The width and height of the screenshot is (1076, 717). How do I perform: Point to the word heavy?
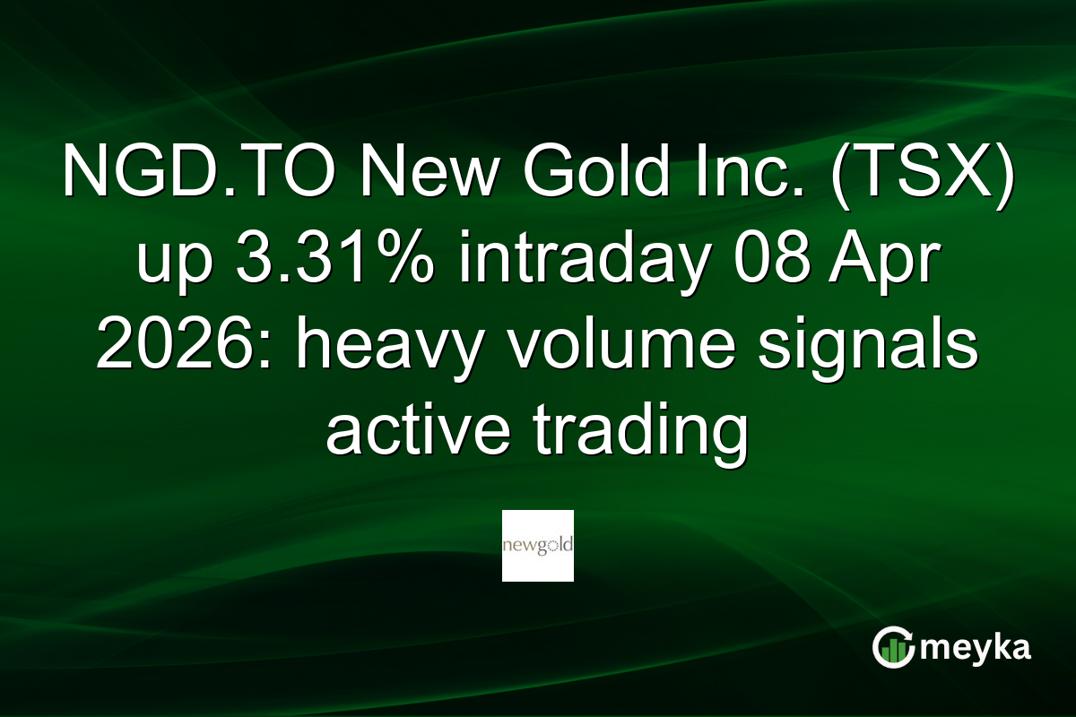point(380,347)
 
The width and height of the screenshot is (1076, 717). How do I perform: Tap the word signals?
point(867,347)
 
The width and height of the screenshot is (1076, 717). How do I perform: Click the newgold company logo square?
point(537,545)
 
